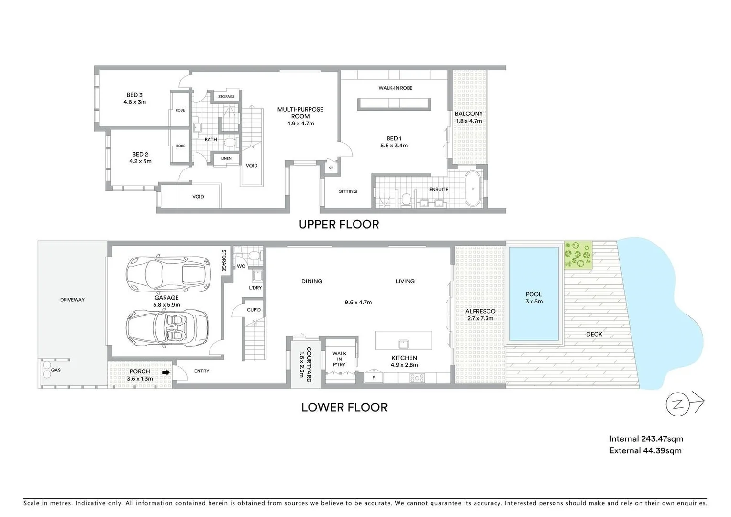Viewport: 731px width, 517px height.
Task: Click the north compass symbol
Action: [677, 404]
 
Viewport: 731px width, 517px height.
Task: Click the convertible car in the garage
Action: [167, 327]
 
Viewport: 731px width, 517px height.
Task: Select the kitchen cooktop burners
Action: [417, 378]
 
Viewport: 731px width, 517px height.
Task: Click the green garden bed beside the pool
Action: [578, 255]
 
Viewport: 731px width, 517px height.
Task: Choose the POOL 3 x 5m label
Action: [533, 298]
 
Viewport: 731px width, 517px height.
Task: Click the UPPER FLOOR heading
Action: [339, 225]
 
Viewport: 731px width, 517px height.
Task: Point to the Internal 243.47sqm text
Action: [646, 438]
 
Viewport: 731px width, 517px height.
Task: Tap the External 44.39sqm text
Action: [645, 450]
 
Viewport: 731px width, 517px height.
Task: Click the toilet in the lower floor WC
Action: [255, 255]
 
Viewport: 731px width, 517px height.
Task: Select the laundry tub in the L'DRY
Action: [257, 276]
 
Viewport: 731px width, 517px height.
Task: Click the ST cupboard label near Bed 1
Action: [331, 168]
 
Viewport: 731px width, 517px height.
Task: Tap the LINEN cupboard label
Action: [226, 158]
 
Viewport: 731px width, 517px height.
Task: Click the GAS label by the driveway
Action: [56, 370]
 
